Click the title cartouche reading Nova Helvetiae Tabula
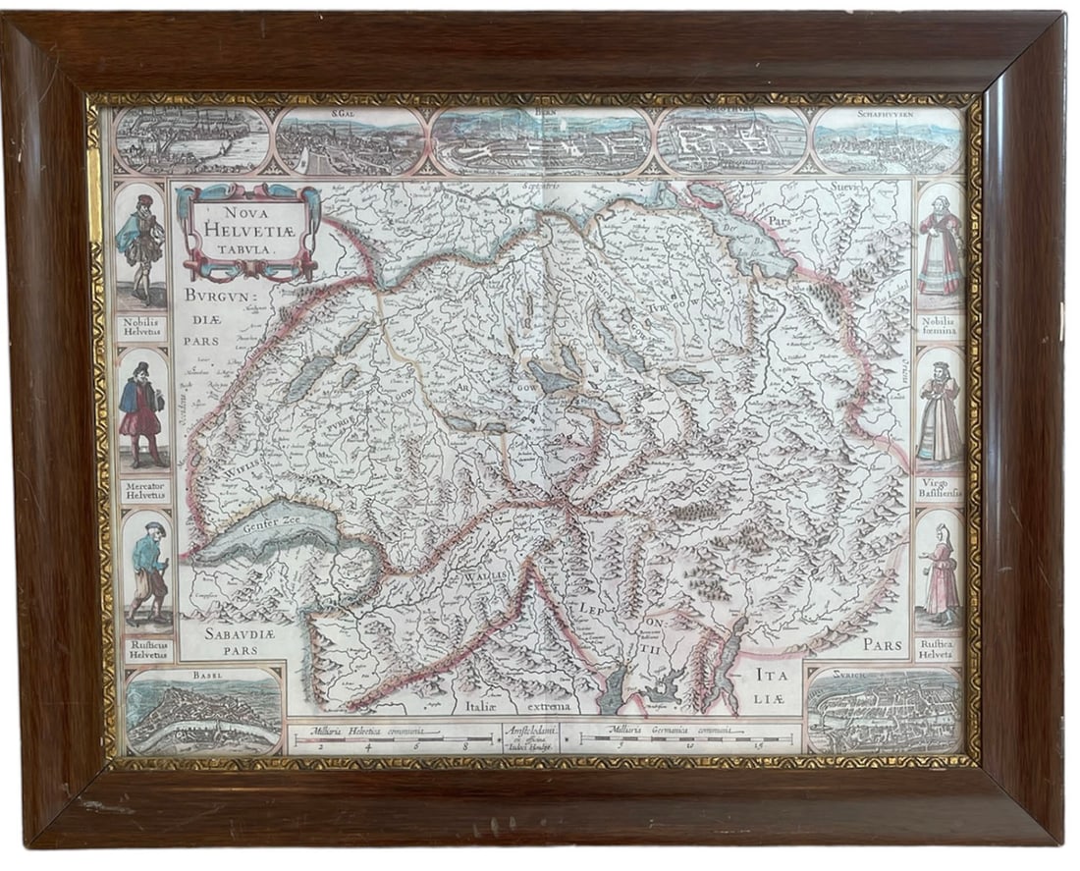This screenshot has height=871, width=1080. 247,232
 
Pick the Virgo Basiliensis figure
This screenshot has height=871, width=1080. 940,412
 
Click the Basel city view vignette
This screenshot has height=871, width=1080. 202,712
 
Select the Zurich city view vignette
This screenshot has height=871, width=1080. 885,711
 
